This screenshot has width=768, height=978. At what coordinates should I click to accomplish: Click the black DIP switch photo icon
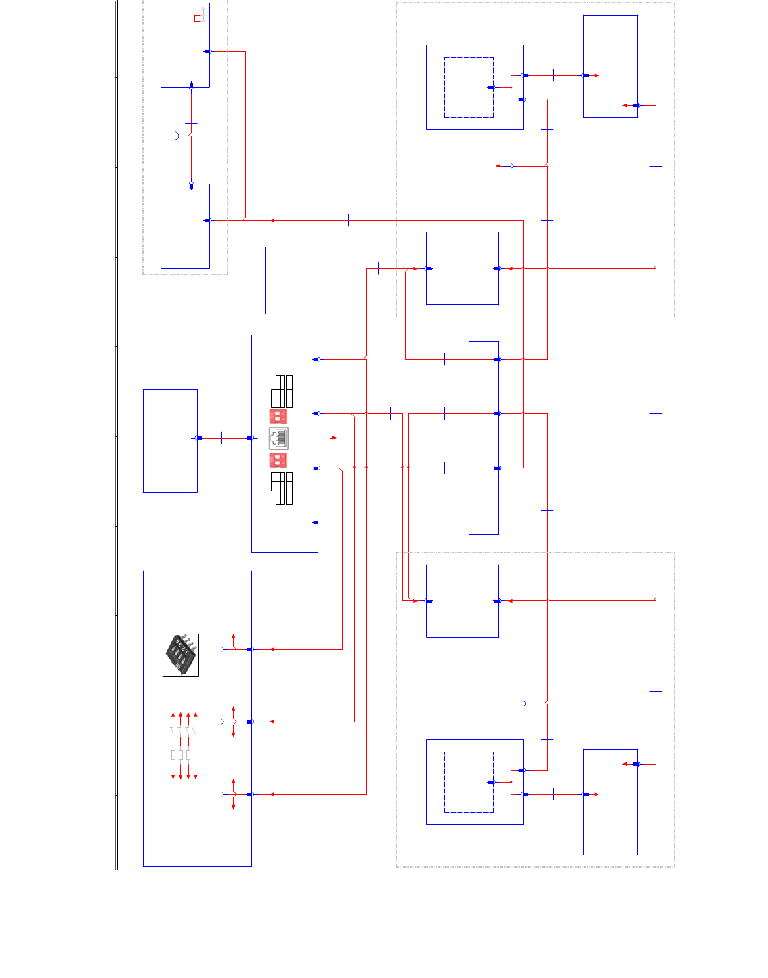click(181, 655)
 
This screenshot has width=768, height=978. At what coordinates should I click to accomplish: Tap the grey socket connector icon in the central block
click(279, 439)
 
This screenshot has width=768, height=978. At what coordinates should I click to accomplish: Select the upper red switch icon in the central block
click(278, 415)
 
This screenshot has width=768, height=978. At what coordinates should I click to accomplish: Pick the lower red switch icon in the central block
click(278, 461)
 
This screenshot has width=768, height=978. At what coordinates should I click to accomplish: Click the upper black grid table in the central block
click(282, 391)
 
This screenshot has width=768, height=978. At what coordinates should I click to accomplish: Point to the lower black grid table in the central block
click(282, 489)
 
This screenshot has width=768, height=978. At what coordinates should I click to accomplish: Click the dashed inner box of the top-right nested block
click(469, 87)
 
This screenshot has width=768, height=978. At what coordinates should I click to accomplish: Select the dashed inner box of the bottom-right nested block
click(469, 781)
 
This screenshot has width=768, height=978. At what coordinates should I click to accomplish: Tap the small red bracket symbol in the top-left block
click(199, 15)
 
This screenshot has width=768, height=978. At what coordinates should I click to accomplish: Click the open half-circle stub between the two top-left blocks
click(177, 136)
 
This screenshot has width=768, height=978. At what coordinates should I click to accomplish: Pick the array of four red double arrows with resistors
click(184, 746)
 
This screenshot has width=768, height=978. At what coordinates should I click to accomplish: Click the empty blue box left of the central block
click(170, 441)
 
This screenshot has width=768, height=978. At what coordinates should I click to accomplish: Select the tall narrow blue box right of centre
click(484, 438)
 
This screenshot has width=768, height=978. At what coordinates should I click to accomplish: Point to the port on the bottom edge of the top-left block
click(191, 85)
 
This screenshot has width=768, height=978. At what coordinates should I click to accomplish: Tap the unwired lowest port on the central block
click(315, 523)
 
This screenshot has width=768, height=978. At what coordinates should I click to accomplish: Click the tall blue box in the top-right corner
click(610, 66)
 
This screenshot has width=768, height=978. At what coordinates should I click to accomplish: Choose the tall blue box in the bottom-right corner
click(610, 802)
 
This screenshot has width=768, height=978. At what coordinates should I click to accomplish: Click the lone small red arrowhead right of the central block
click(333, 438)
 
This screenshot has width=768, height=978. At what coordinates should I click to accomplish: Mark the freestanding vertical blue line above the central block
click(265, 281)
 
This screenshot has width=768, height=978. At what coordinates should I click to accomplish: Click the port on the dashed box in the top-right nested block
click(492, 87)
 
